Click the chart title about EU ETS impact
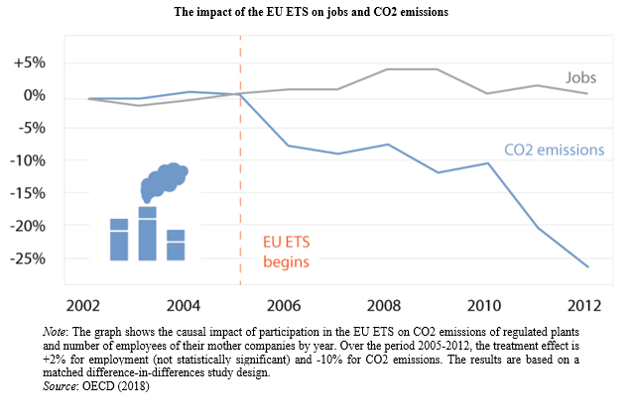[x=317, y=12]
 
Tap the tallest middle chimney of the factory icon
[x=148, y=234]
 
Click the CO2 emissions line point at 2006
[x=289, y=146]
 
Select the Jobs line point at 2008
[x=385, y=69]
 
